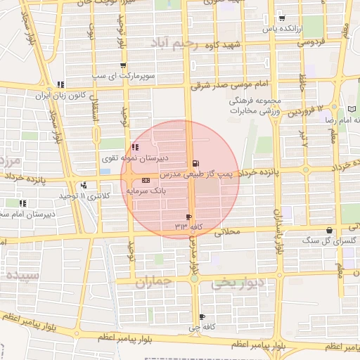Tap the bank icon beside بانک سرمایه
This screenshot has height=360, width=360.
(136, 180)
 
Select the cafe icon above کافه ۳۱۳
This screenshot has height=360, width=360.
(188, 217)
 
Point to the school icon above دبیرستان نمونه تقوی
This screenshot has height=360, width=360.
(134, 148)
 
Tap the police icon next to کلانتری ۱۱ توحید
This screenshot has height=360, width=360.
(84, 186)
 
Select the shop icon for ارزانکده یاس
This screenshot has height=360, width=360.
(281, 19)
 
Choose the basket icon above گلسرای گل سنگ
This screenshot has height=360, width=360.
(329, 231)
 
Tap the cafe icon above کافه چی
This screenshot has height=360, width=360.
(202, 317)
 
